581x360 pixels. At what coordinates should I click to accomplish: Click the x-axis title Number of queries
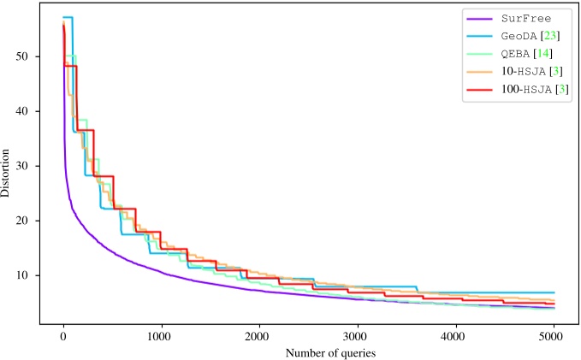pos(308,351)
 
